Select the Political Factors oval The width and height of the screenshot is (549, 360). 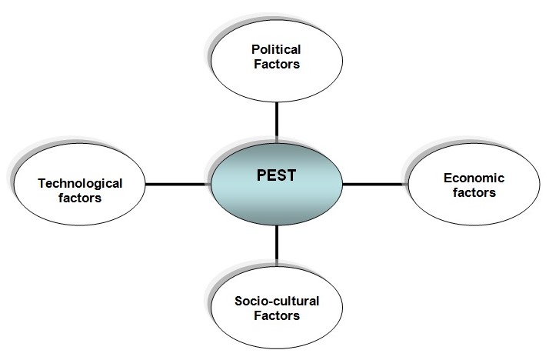[274, 58]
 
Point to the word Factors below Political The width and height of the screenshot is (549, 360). [274, 65]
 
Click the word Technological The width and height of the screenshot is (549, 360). [80, 183]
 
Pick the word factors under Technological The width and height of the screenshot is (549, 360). [80, 198]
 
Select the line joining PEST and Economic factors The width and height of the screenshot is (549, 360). [374, 185]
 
